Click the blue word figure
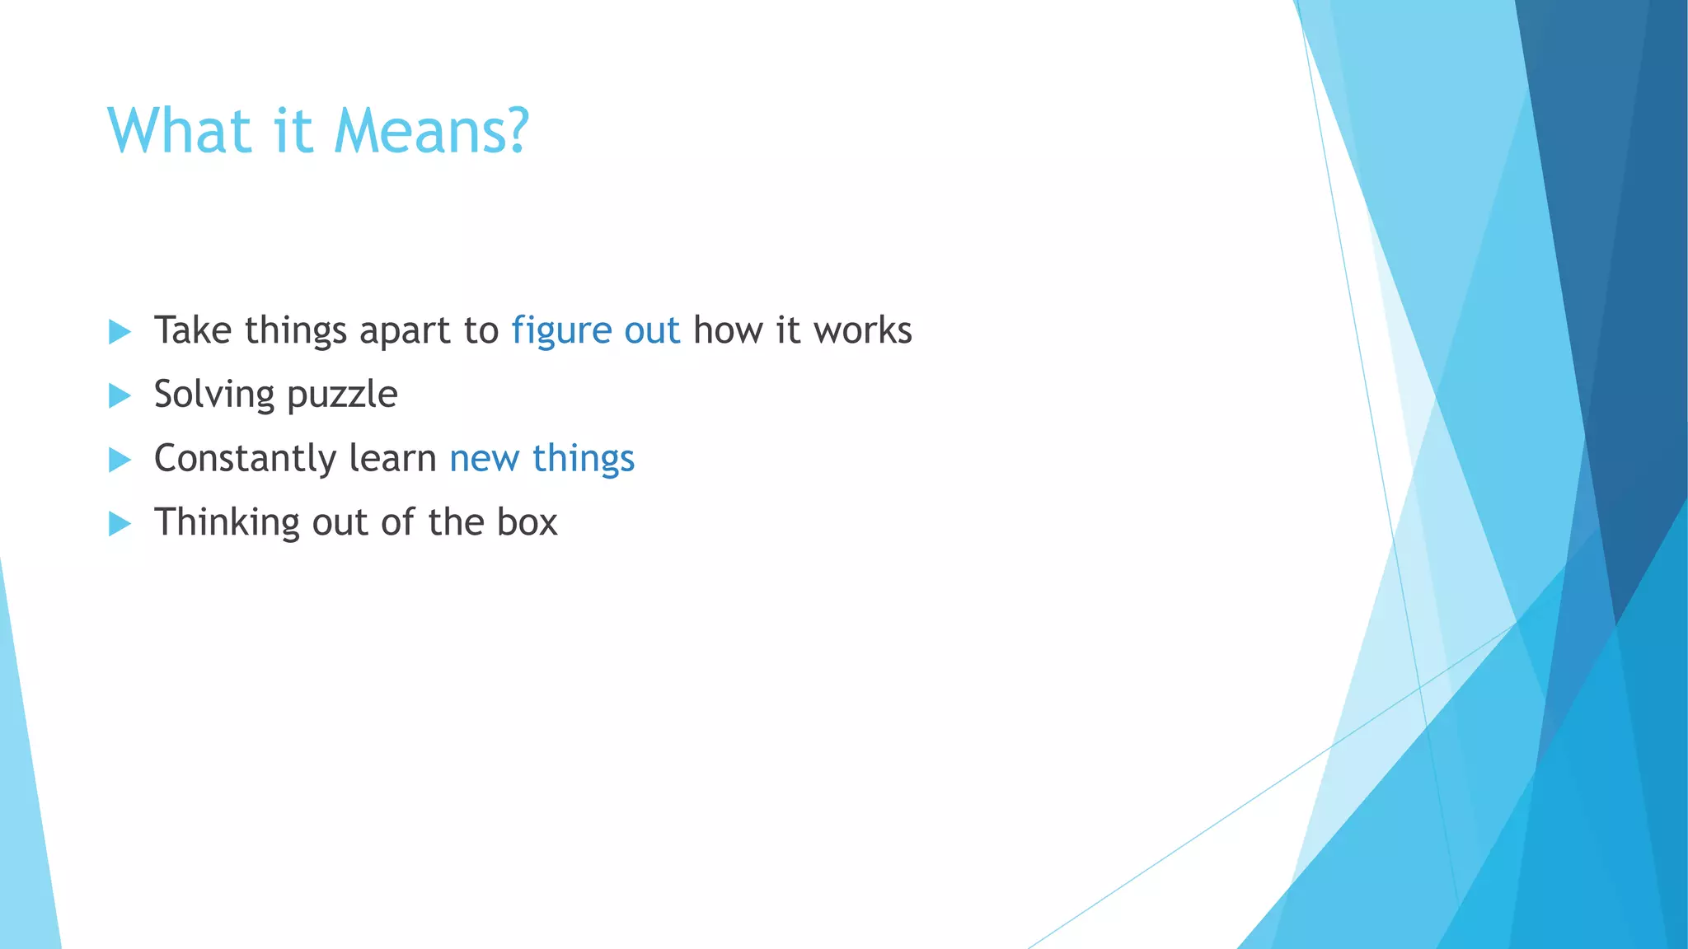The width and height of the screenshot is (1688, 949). pyautogui.click(x=561, y=331)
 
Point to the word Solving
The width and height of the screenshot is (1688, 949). pyautogui.click(x=213, y=395)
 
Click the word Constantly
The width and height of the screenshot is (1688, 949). pyautogui.click(x=245, y=459)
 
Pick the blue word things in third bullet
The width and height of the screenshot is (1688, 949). pyautogui.click(x=584, y=459)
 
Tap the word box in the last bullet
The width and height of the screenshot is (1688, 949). pyautogui.click(x=527, y=522)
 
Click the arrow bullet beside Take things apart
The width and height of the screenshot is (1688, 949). pyautogui.click(x=120, y=332)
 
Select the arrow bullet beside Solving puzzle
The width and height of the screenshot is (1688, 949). pyautogui.click(x=120, y=395)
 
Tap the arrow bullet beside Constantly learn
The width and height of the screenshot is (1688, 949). pyautogui.click(x=120, y=460)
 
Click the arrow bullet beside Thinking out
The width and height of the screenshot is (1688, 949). pyautogui.click(x=120, y=523)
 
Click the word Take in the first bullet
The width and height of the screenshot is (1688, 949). pyautogui.click(x=193, y=330)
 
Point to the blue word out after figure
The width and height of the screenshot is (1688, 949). pyautogui.click(x=652, y=330)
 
